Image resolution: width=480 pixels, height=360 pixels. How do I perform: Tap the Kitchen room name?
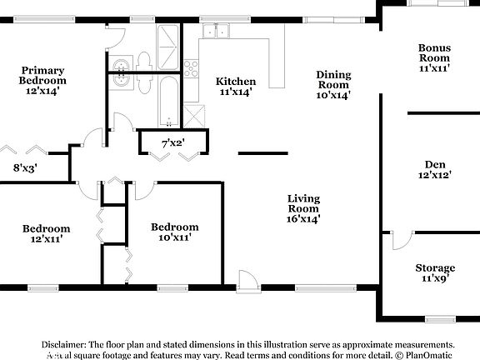236,81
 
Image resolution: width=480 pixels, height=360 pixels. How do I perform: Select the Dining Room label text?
333,79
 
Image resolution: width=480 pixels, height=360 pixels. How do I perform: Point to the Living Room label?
303,202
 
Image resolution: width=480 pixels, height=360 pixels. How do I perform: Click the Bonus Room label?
434,52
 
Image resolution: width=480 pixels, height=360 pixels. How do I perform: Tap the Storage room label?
435,267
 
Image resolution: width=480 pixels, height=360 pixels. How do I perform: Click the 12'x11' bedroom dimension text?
46,239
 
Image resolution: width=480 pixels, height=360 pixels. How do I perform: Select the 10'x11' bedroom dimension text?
174,237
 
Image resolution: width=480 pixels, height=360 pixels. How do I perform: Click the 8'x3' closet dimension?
24,167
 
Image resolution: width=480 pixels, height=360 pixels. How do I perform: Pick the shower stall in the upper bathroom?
167,41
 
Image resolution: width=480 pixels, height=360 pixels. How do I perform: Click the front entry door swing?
248,279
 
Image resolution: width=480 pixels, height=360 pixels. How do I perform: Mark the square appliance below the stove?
195,115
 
